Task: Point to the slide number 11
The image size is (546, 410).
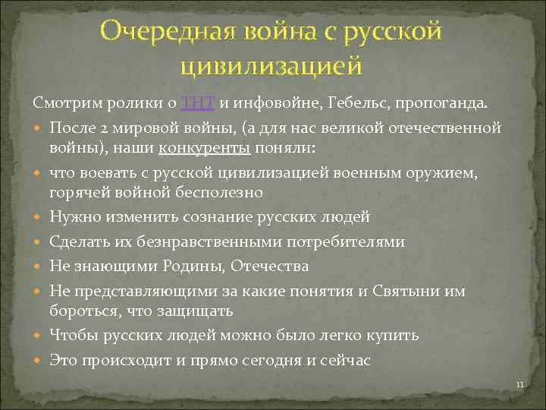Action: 519,385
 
